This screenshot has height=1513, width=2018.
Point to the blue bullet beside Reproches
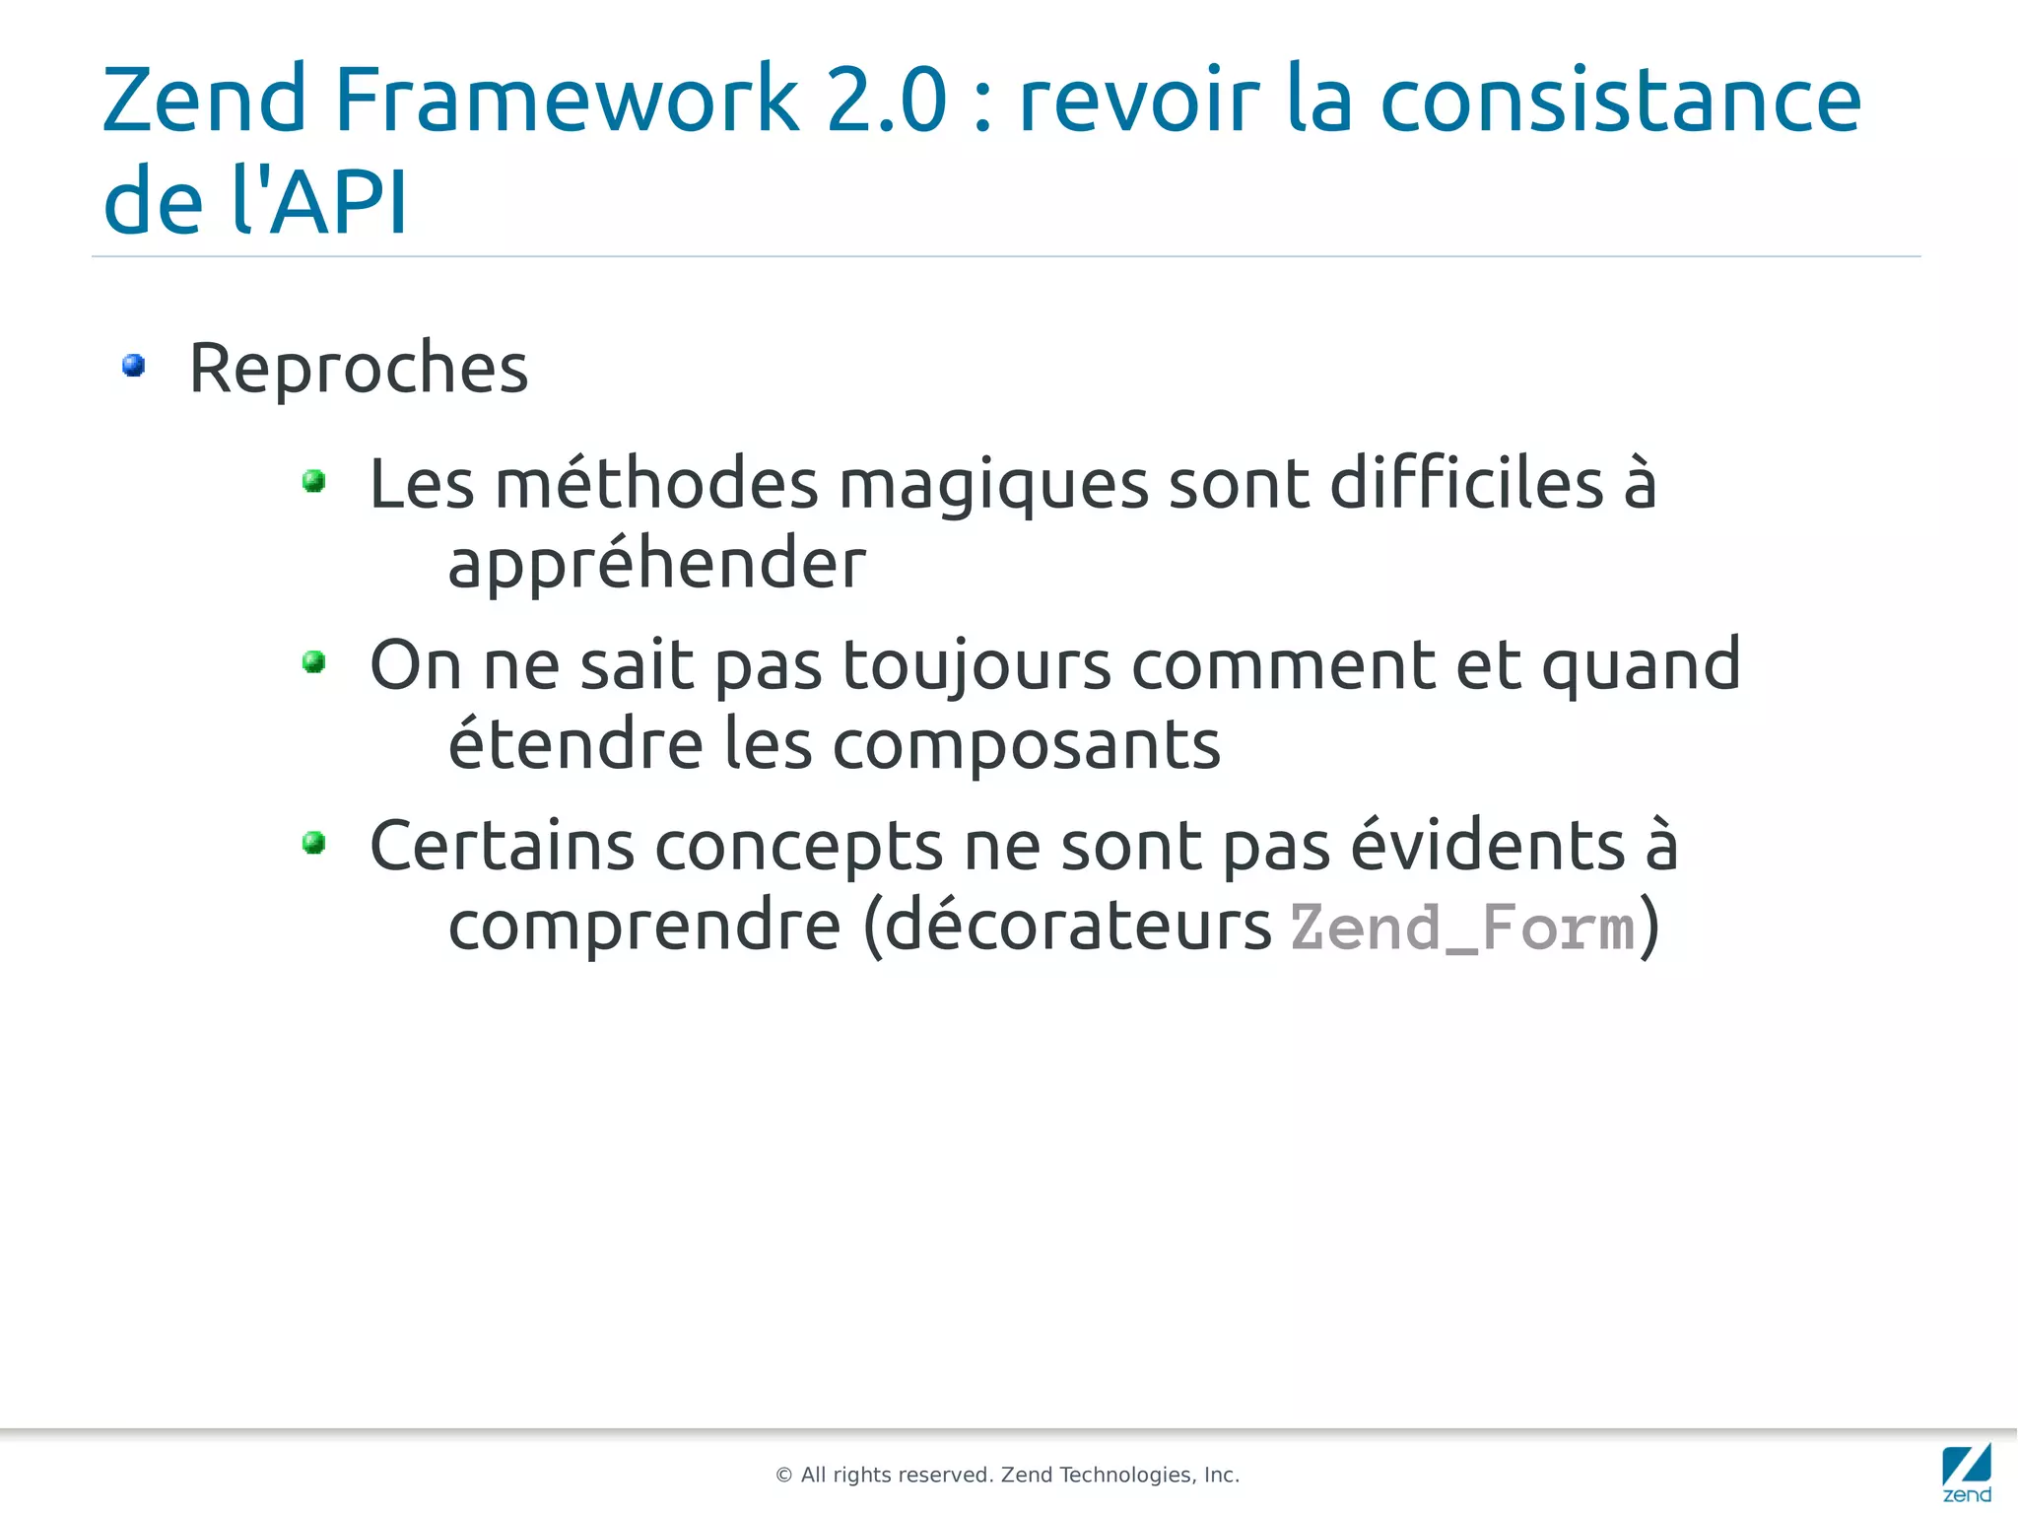coord(134,367)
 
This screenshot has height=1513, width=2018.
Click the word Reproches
coord(359,368)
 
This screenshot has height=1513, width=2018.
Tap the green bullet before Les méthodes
coord(314,481)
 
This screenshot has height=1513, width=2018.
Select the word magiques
coord(993,485)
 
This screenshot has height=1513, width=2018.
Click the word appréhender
coord(656,564)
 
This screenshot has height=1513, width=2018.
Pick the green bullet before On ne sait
coord(314,661)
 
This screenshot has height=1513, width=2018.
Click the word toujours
coord(976,665)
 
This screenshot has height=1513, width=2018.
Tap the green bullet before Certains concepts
coord(314,843)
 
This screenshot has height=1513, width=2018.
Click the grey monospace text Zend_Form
coord(1462,928)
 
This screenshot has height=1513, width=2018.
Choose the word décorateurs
coord(1078,927)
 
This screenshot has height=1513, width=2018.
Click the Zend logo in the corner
coord(1966,1473)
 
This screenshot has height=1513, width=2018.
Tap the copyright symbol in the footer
coord(784,1476)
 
